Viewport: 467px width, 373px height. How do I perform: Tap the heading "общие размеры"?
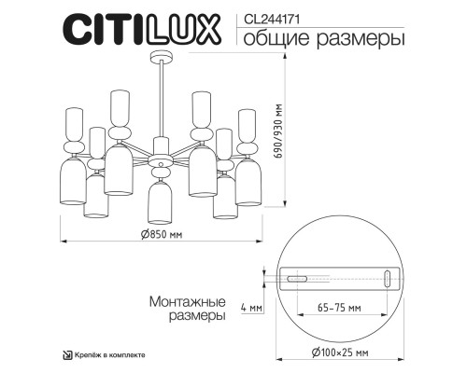(311, 38)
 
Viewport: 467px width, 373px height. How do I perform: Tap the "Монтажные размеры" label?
(187, 309)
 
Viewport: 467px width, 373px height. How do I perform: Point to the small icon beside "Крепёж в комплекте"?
(66, 354)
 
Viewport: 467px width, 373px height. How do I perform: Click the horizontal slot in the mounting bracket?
(299, 278)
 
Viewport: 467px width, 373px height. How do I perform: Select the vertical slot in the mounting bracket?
(387, 278)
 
